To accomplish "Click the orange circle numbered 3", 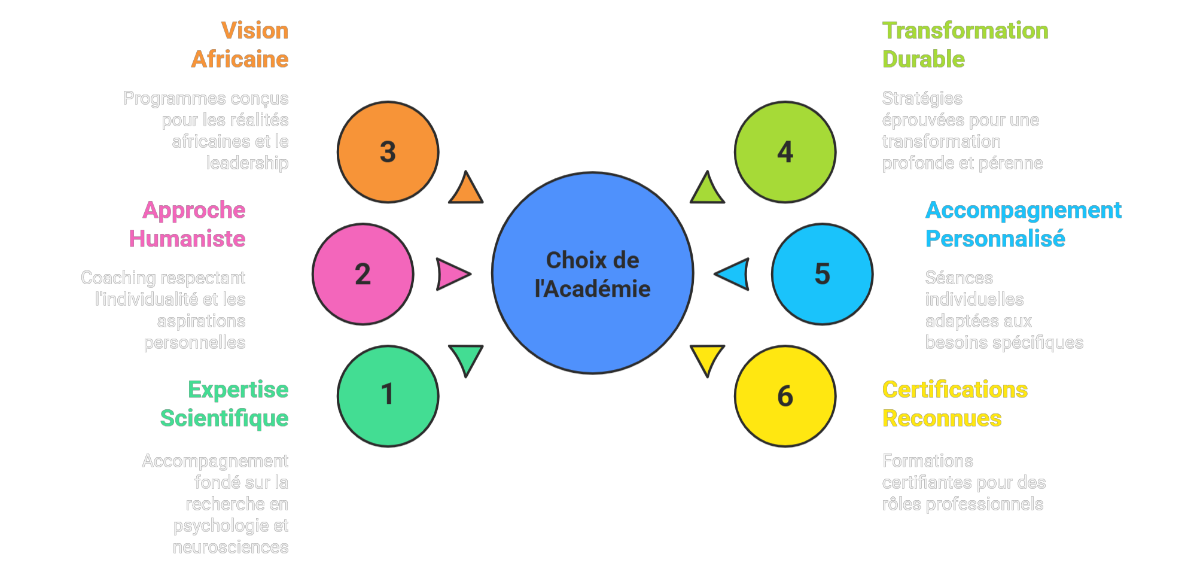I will [388, 152].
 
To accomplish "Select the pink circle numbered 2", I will [363, 274].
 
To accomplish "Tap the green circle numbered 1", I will [388, 395].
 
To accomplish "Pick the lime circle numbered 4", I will [785, 152].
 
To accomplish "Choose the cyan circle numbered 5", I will [822, 274].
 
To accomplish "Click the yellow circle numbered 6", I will [785, 395].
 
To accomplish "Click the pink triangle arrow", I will [451, 274].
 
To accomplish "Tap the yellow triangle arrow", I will [707, 358].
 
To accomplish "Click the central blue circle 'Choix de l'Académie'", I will [592, 273].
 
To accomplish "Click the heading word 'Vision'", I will [255, 31].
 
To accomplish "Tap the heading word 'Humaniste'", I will [187, 239].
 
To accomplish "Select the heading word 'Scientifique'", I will [224, 418].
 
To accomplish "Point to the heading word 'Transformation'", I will [965, 31].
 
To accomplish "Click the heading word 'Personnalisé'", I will [995, 239].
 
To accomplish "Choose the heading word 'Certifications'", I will [955, 390].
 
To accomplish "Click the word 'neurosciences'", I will [230, 547].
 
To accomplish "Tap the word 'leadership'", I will [247, 163].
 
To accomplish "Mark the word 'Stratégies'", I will [922, 98].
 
